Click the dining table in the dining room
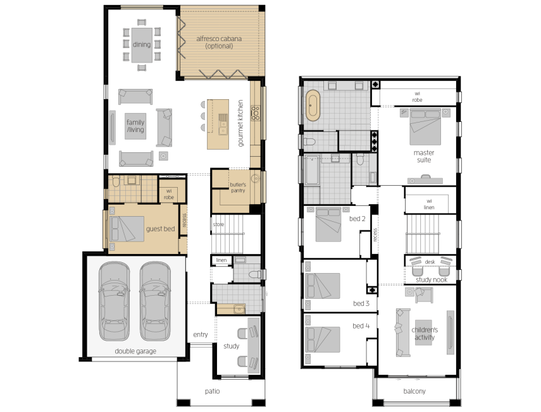142,45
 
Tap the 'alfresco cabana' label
219,39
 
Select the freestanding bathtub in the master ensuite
313,106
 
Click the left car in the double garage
114,301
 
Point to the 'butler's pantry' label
238,188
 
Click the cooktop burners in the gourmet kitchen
256,113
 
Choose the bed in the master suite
425,127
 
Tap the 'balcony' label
414,391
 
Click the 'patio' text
212,391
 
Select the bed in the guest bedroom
127,229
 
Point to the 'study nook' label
432,280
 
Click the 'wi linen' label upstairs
429,204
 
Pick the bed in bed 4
323,339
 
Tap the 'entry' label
201,334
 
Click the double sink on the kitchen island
223,124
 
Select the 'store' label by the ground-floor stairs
218,224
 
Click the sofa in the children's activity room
402,332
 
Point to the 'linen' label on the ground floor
221,260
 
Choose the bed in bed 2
328,224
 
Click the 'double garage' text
135,351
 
